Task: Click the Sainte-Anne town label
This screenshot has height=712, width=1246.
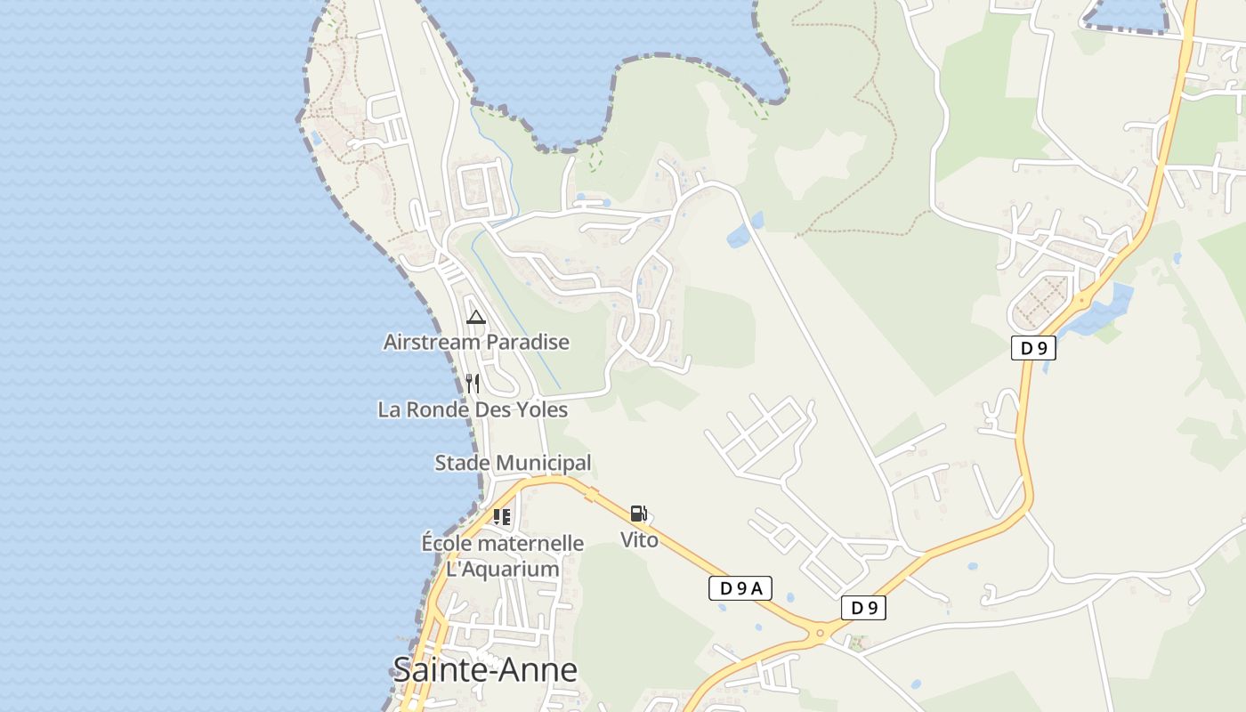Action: click(485, 669)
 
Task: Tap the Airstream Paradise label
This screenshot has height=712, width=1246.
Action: click(476, 342)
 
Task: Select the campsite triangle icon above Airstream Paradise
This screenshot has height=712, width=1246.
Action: click(476, 317)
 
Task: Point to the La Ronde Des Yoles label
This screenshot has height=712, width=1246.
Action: click(473, 409)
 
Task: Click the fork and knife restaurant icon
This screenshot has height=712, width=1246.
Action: click(473, 384)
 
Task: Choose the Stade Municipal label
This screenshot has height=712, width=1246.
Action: click(513, 463)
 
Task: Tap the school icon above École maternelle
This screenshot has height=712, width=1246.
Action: click(502, 516)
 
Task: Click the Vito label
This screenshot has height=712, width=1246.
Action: click(639, 539)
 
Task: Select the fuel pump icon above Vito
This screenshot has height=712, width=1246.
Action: click(638, 514)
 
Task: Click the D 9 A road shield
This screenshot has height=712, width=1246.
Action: click(740, 587)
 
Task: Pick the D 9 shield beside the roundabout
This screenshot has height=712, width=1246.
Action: click(863, 608)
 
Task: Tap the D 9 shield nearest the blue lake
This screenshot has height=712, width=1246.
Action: click(1033, 348)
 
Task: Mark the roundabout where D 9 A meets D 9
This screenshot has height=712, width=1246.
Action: click(820, 634)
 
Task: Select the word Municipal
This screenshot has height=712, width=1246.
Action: click(543, 463)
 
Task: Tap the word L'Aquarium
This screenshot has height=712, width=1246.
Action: click(502, 569)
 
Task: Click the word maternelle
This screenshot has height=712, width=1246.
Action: click(529, 543)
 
